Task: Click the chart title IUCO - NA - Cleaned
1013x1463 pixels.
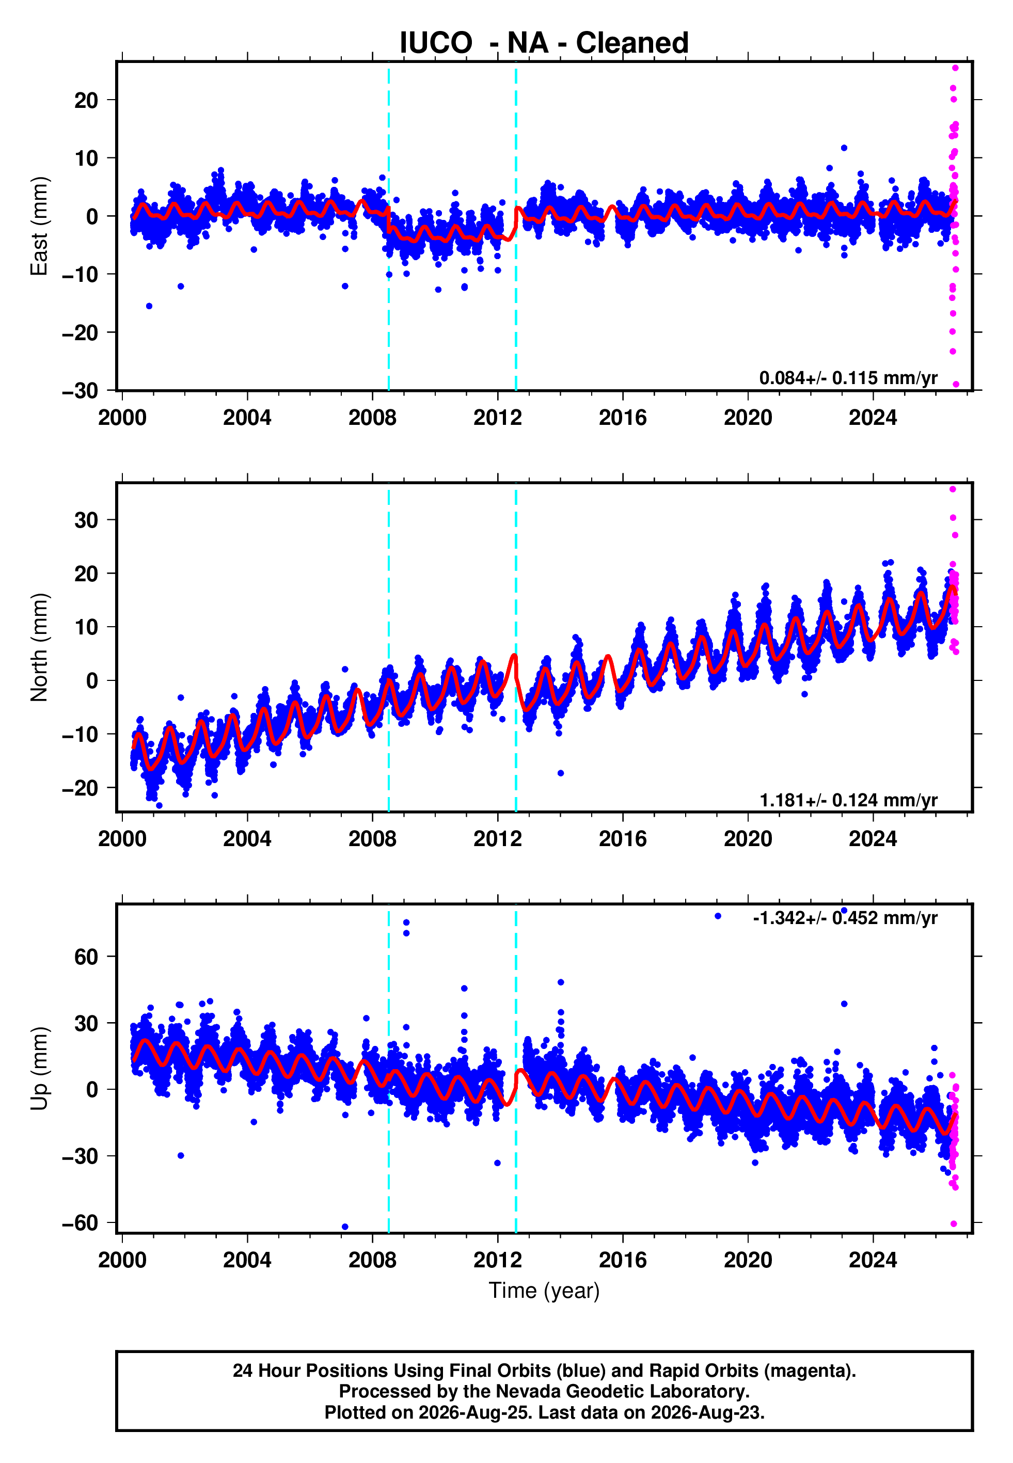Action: click(544, 43)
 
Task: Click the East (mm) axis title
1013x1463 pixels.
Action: click(39, 226)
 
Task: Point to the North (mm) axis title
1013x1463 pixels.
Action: click(39, 647)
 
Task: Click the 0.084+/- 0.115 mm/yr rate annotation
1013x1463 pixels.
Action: click(848, 378)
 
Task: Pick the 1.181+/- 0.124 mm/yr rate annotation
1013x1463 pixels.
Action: click(848, 800)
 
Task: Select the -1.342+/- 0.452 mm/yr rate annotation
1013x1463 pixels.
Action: click(845, 918)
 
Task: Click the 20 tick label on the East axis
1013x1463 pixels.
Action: click(86, 100)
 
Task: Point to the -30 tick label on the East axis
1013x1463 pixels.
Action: click(80, 390)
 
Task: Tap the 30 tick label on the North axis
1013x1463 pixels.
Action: click(86, 520)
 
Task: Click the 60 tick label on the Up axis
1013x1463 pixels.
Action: click(86, 957)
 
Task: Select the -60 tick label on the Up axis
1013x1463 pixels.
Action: click(80, 1222)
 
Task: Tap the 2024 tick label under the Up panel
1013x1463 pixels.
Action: click(873, 1260)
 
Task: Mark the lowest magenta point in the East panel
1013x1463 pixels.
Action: click(956, 384)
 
